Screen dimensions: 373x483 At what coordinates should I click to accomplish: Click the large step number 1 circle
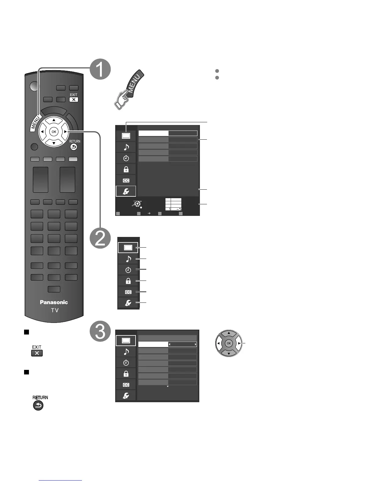point(100,69)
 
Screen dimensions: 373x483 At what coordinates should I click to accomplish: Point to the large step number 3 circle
point(100,332)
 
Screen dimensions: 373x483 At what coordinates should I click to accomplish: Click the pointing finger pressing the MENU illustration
point(129,90)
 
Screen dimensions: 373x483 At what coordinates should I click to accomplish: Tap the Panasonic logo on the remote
point(54,302)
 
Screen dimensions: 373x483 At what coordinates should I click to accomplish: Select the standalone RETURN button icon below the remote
point(38,406)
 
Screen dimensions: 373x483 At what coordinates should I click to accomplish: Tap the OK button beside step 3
point(229,343)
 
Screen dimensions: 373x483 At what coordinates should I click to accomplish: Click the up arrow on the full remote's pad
point(54,120)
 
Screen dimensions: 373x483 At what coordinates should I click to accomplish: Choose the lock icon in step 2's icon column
point(128,281)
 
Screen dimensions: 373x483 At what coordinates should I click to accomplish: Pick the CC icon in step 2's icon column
point(128,292)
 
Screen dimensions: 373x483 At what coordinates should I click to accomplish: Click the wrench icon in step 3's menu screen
point(126,395)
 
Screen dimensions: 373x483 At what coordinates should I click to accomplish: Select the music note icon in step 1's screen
point(126,147)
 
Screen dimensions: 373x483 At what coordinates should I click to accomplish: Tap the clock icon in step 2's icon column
point(128,270)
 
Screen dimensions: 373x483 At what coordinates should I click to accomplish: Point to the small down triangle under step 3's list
point(168,386)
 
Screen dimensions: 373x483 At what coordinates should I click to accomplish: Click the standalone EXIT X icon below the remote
point(37,353)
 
